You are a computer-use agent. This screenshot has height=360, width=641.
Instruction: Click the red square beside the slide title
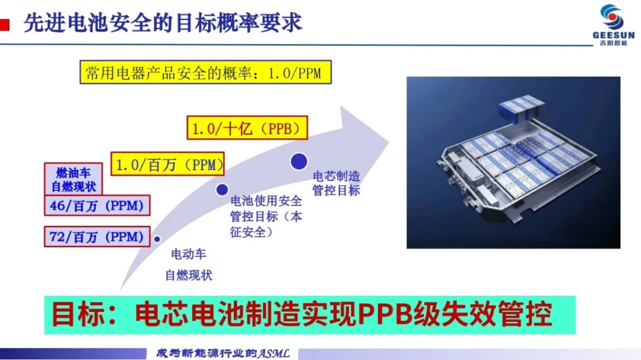5,24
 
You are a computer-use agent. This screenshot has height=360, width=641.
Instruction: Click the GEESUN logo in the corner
613,24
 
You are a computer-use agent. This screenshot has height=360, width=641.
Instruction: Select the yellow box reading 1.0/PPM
205,72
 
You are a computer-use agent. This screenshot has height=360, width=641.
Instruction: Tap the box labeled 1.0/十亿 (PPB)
247,128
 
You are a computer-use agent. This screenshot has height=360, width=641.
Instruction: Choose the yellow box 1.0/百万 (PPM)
167,164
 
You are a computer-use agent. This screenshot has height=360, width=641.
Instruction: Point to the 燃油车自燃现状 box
73,179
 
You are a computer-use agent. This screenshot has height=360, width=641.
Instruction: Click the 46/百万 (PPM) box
97,205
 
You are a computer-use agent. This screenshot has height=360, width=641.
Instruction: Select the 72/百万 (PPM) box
97,237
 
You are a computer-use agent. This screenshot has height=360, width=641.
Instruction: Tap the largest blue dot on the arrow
299,161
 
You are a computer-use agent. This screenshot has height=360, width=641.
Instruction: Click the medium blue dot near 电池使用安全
222,190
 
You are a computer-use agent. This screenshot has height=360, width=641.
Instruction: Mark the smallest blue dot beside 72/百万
157,239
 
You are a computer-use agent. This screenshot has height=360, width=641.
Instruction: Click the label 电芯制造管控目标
336,183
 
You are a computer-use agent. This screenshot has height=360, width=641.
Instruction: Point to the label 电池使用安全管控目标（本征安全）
266,216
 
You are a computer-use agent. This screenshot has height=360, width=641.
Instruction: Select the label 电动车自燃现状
189,265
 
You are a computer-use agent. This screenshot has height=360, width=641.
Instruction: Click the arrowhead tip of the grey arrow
388,142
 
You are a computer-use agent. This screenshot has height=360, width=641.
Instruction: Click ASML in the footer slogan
274,353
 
